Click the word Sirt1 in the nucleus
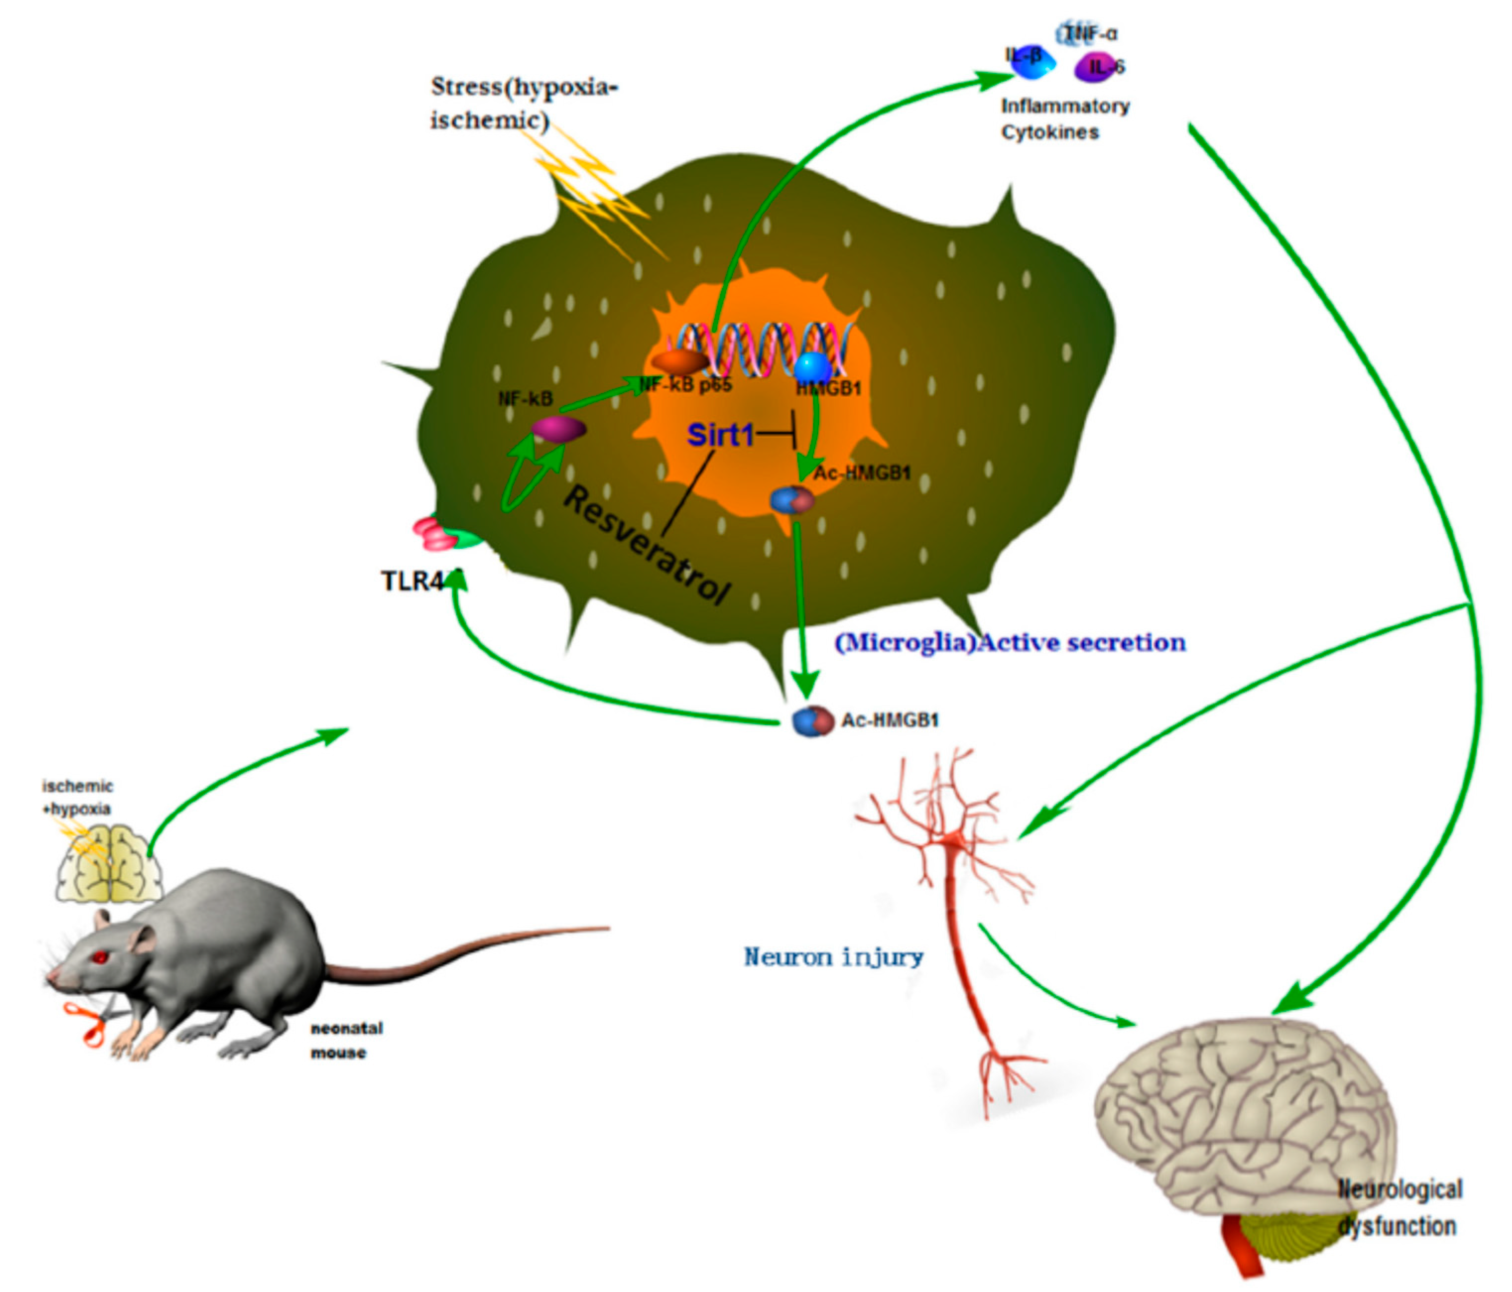click(720, 435)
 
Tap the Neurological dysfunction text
click(1399, 1209)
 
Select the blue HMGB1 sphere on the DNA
click(812, 367)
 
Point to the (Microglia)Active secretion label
click(1010, 643)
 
